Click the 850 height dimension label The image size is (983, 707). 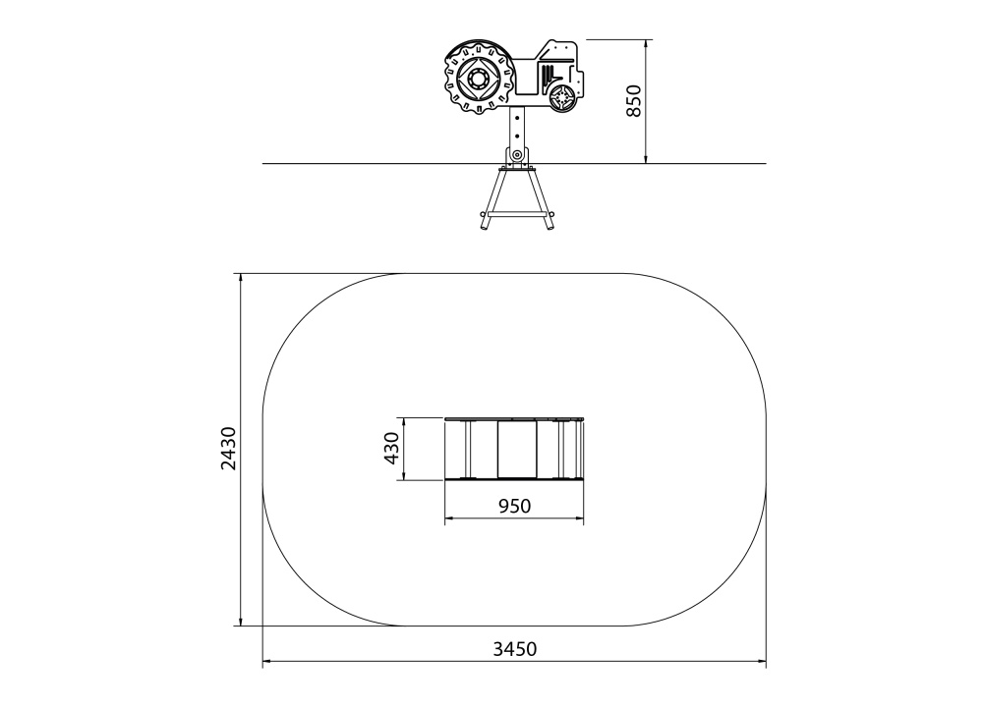pos(634,101)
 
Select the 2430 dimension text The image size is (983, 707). pos(229,449)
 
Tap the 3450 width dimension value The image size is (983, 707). pos(515,649)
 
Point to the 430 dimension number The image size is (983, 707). pos(392,449)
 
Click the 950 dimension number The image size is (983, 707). pos(515,506)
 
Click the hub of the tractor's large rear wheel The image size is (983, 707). pos(479,81)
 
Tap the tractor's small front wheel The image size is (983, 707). pos(562,97)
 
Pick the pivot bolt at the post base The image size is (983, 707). pos(517,155)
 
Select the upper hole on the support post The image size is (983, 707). pos(517,117)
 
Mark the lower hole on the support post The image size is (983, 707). pos(517,136)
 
